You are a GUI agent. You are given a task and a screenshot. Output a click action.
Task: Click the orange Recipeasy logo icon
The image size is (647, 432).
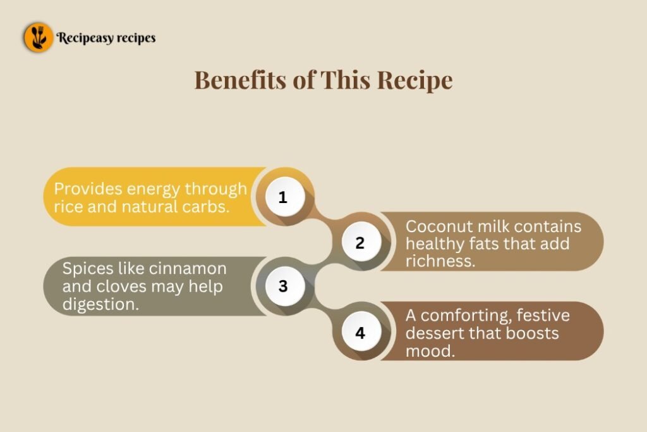(39, 37)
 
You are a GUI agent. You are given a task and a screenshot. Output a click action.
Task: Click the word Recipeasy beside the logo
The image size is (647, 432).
(85, 38)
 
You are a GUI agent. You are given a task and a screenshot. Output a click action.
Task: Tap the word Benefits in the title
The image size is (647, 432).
(240, 80)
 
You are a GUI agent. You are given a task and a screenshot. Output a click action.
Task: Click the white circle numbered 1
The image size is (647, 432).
(285, 197)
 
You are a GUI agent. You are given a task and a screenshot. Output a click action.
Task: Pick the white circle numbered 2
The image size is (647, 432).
(361, 242)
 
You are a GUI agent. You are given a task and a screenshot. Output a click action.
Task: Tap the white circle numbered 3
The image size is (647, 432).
(285, 287)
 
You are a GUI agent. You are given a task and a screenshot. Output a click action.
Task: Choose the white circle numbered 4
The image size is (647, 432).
(361, 333)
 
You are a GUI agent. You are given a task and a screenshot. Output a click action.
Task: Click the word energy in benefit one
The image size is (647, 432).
(153, 190)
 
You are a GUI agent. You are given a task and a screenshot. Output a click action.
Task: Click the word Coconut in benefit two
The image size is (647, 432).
(439, 226)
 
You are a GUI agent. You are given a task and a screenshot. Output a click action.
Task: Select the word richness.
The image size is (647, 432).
(440, 261)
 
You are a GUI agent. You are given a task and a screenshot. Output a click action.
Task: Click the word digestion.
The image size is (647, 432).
(100, 305)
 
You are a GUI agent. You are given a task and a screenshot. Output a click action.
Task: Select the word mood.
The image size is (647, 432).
(430, 352)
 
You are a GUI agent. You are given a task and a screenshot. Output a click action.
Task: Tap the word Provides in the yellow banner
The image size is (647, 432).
(88, 188)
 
